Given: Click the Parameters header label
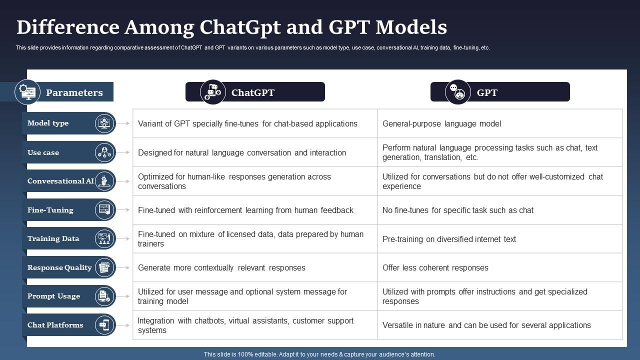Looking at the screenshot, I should pos(74,92).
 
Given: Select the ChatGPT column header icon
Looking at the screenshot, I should pos(213,92).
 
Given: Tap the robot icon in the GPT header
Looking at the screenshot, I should pos(458,92).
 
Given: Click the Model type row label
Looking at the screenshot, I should pos(48,123).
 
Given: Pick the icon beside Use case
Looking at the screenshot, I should pos(104,152).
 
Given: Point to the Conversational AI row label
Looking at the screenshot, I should pos(60,181).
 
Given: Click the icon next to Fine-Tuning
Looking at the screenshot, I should pos(104,209).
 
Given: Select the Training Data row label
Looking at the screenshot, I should pos(53,238).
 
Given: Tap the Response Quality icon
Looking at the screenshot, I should pos(104,267).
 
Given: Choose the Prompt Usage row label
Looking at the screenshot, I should pos(53,296).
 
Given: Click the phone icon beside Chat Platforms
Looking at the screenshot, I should pos(104,325).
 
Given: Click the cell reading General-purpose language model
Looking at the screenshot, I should pos(441,123).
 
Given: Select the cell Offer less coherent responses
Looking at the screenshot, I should pos(435,267).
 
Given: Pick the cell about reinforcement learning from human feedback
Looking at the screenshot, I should pos(245,210).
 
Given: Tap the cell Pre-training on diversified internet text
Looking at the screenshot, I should pos(449,239).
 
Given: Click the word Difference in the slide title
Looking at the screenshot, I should pos(67,27).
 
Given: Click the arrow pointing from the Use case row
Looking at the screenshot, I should pos(124,152).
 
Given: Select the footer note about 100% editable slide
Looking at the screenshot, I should pos(319,354).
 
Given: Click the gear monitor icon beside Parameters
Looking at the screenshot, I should pos(27,92).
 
